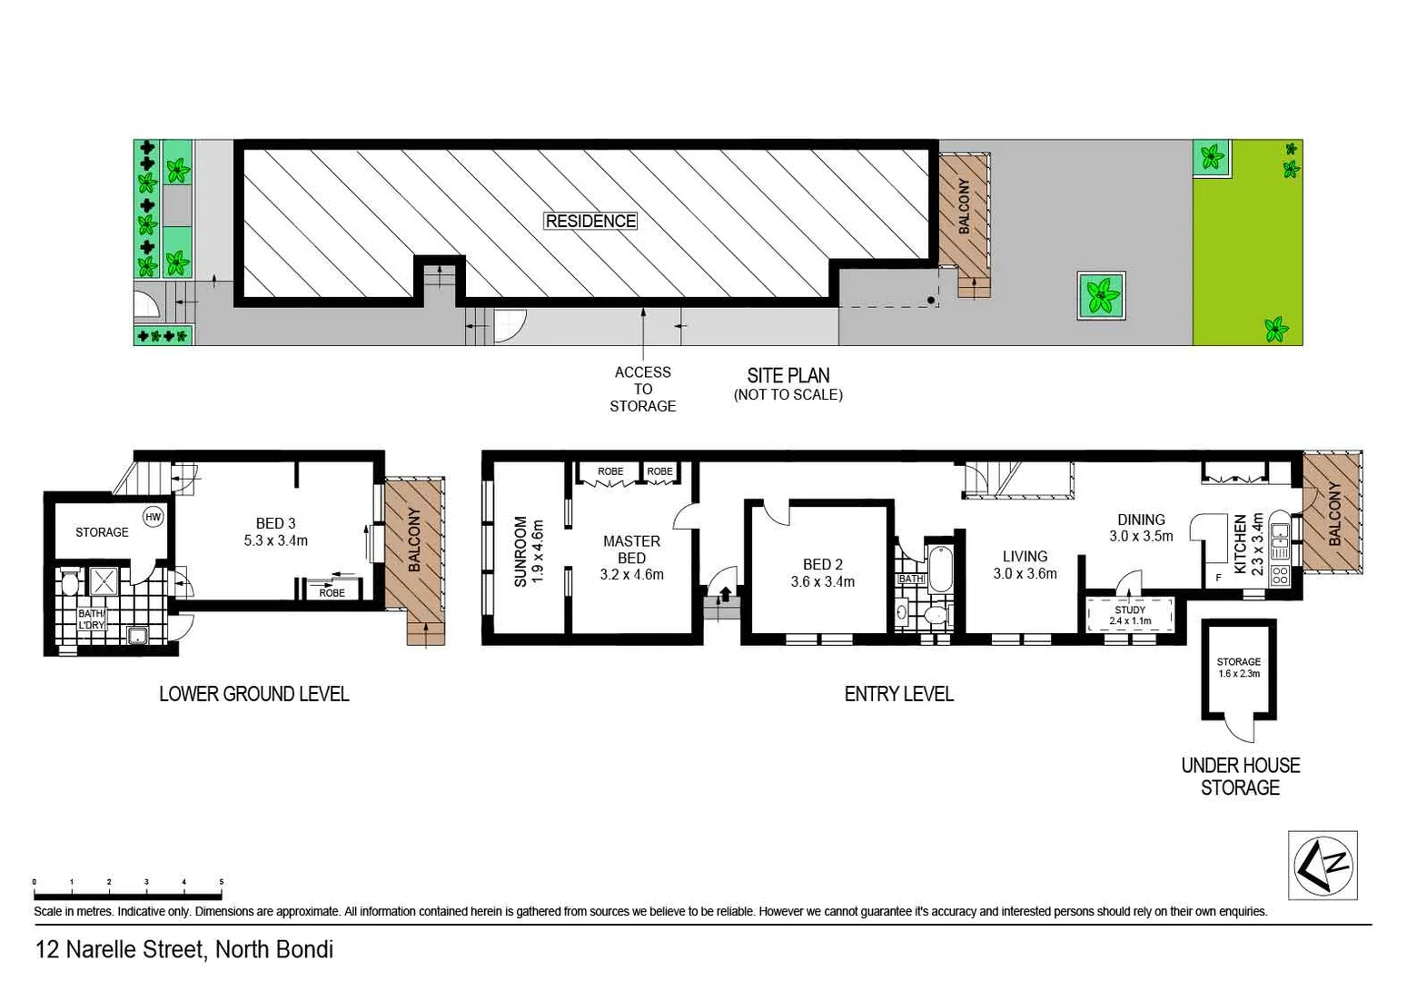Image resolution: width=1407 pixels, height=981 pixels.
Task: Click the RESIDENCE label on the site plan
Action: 590,221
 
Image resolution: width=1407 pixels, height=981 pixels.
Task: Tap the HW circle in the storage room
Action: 154,517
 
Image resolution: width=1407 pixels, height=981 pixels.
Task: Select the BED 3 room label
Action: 275,523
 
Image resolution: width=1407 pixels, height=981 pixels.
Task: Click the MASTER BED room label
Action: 631,549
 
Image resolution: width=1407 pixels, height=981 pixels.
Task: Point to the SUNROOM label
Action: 520,551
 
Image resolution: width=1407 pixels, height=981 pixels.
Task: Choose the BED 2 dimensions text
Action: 822,581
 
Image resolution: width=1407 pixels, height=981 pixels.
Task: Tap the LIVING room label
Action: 1025,556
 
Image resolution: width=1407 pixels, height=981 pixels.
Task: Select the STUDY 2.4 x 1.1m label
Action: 1130,615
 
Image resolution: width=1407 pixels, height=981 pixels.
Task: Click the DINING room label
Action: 1141,520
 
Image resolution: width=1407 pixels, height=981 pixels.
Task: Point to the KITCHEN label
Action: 1240,544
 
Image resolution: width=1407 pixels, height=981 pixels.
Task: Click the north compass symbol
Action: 1323,865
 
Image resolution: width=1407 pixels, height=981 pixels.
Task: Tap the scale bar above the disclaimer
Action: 128,883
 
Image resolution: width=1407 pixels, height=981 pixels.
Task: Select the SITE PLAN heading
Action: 788,375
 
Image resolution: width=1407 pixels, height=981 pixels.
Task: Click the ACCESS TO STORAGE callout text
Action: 642,389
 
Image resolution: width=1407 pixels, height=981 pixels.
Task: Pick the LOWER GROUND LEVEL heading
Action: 253,694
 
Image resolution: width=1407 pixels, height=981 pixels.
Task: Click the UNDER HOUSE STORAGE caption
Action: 1240,777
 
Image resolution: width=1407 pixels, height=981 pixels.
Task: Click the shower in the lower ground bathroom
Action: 102,580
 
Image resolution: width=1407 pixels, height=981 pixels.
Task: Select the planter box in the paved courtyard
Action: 1101,295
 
